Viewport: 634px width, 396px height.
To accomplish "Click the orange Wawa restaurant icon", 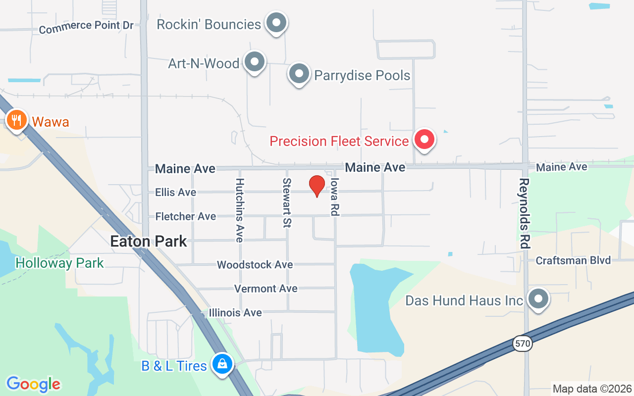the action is click(17, 120).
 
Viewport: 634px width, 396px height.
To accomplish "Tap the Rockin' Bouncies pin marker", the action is click(276, 23).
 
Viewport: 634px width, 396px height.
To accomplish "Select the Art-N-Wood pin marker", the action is click(255, 62).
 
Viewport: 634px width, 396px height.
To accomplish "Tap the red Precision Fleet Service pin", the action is click(424, 140).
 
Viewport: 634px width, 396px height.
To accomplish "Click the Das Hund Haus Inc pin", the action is click(537, 299).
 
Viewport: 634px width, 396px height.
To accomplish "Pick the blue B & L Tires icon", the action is click(223, 364).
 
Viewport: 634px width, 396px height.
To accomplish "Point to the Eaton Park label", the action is click(149, 242).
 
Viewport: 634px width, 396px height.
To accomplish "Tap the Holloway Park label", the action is click(59, 263).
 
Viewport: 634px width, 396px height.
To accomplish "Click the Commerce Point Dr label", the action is click(86, 27).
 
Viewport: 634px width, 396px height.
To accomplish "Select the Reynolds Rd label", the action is click(525, 213).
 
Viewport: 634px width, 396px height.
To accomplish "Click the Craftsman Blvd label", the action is click(574, 260).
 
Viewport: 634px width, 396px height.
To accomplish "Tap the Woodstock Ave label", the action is click(255, 265).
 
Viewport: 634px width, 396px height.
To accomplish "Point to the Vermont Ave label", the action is click(266, 289).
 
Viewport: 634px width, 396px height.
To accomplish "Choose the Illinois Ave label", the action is click(235, 313).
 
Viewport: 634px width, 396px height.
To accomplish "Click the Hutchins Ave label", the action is click(240, 210).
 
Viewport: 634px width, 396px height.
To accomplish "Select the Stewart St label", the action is click(286, 203).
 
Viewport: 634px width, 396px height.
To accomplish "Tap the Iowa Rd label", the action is click(334, 197).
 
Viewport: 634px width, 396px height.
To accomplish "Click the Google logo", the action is click(33, 384).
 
